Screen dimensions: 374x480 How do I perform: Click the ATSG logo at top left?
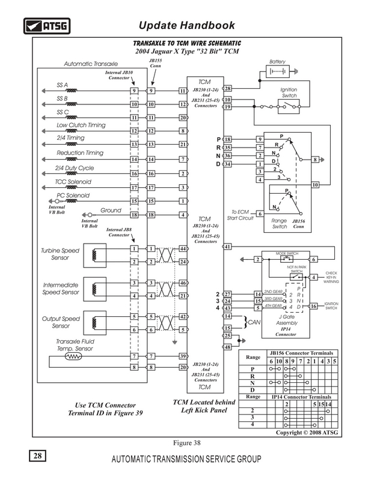pyautogui.click(x=47, y=26)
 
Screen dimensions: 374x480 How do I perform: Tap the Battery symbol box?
pyautogui.click(x=277, y=71)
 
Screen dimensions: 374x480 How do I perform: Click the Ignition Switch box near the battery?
pyautogui.click(x=289, y=107)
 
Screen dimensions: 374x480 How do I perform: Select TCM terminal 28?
pyautogui.click(x=227, y=88)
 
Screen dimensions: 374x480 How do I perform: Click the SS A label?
pyautogui.click(x=62, y=85)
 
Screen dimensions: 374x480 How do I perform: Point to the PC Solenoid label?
pyautogui.click(x=73, y=196)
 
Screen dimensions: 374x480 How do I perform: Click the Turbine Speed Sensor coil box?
pyautogui.click(x=95, y=256)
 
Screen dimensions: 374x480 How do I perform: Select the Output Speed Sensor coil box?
pyautogui.click(x=95, y=323)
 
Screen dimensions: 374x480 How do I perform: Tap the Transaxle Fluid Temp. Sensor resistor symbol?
pyautogui.click(x=73, y=356)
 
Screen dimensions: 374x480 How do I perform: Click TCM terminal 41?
pyautogui.click(x=227, y=247)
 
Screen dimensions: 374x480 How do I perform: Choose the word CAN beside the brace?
pyautogui.click(x=254, y=322)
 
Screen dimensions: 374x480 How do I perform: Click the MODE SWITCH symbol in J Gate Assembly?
pyautogui.click(x=287, y=259)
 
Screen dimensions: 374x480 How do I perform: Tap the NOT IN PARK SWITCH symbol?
pyautogui.click(x=296, y=277)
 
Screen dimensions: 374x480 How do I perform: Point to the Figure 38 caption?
pyautogui.click(x=187, y=443)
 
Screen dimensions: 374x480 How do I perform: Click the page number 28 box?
pyautogui.click(x=37, y=456)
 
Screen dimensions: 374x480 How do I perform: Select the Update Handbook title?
pyautogui.click(x=187, y=25)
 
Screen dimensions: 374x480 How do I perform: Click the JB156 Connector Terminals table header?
pyautogui.click(x=301, y=353)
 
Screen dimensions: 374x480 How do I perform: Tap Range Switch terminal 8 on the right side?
pyautogui.click(x=315, y=160)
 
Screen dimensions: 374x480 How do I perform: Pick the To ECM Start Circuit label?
pyautogui.click(x=241, y=215)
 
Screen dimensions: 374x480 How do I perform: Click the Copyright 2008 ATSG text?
pyautogui.click(x=307, y=433)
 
